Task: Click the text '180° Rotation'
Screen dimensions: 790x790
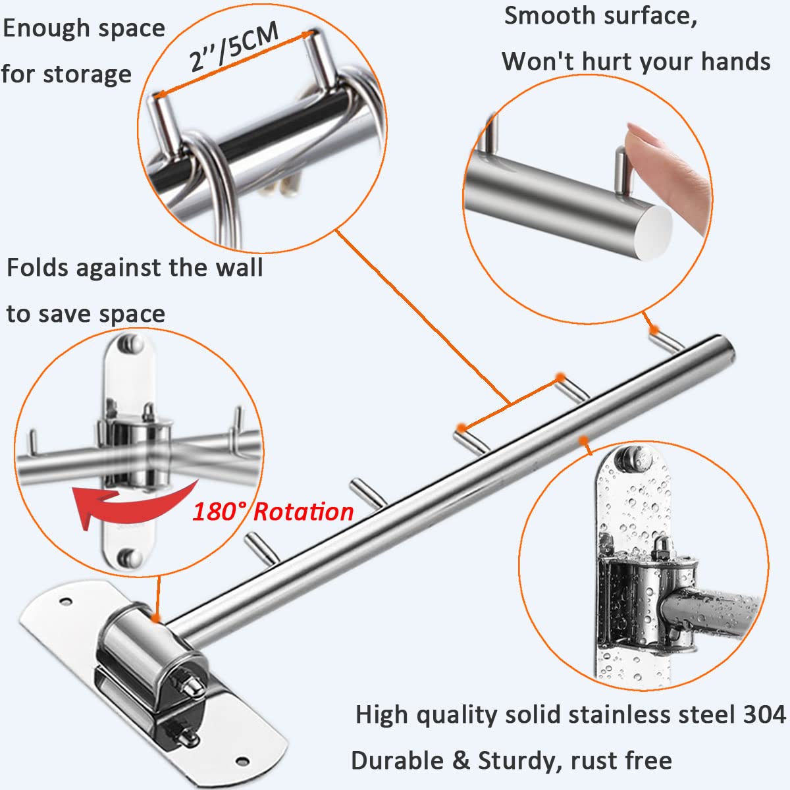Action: pos(273,512)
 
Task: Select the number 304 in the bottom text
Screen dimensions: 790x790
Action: pos(763,714)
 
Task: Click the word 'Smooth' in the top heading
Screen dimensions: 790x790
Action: pos(550,16)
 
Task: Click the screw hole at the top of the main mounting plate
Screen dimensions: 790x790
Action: pos(65,601)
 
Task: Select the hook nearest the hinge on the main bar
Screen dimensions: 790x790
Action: pos(261,549)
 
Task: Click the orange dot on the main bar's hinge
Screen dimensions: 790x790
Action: pos(154,618)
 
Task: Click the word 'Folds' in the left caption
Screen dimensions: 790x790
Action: pos(38,268)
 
